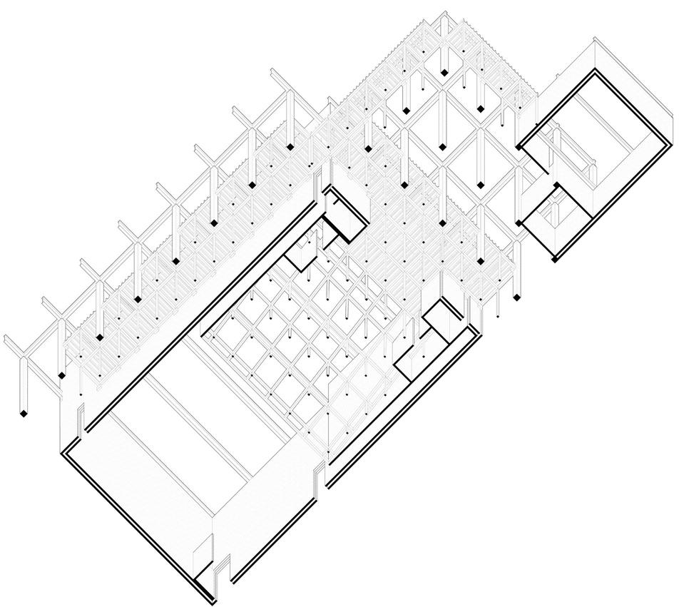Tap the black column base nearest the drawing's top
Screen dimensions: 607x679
point(444,72)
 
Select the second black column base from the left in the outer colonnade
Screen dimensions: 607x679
point(62,374)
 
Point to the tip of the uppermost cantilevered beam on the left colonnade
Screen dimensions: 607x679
point(273,72)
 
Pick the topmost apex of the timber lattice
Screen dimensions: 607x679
point(444,13)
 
